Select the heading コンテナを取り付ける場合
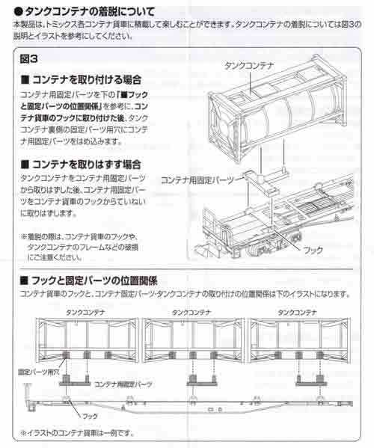coord(87,79)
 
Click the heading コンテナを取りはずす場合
coord(87,163)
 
